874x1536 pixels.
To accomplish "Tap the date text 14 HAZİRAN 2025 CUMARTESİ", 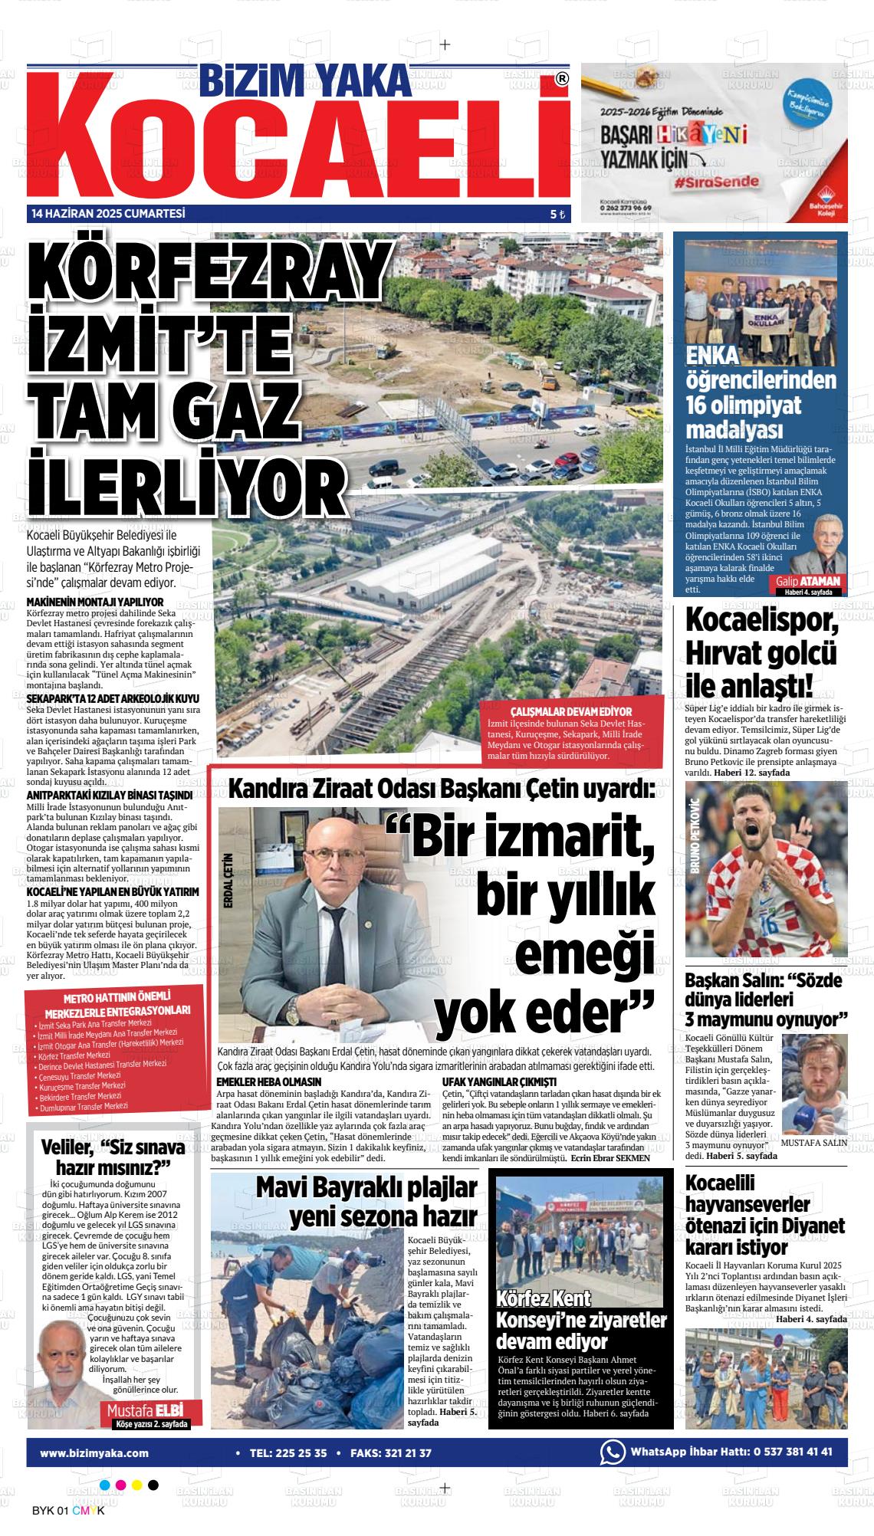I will (108, 214).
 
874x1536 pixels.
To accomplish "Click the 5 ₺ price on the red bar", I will (557, 215).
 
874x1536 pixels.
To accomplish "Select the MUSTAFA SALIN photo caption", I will (813, 1142).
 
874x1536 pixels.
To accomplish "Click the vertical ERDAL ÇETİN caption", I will (228, 881).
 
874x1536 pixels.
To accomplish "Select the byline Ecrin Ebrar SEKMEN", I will (610, 1158).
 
